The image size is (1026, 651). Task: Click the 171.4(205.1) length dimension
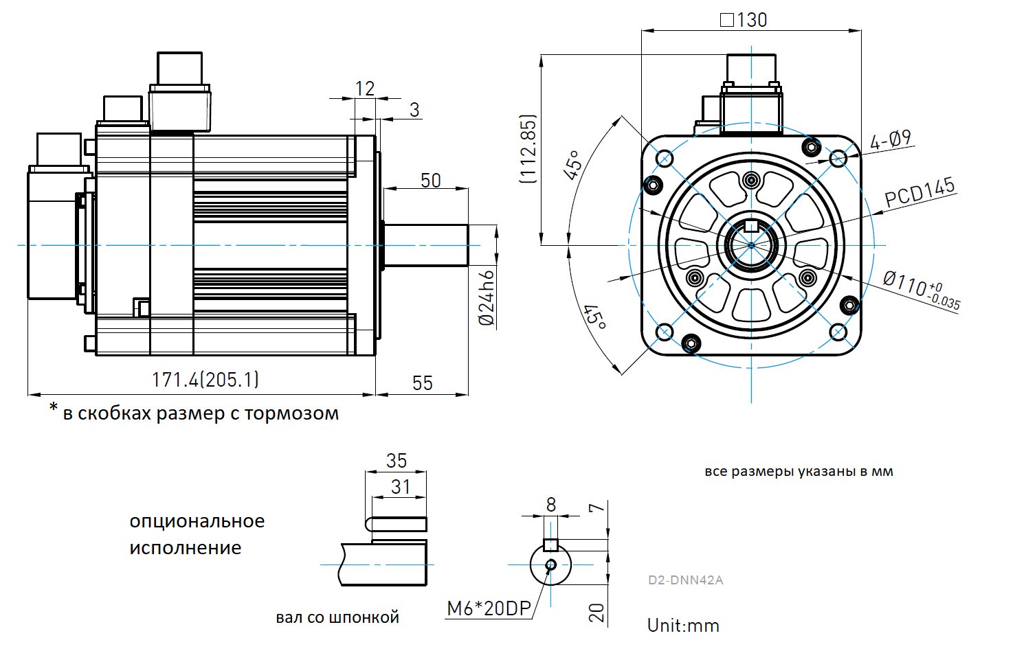point(205,380)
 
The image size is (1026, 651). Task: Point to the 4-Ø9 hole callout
point(890,140)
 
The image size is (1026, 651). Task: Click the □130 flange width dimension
point(744,20)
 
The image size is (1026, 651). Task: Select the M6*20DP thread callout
point(489,608)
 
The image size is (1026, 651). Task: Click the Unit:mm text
point(683,626)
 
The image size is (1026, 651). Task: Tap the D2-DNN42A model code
point(685,580)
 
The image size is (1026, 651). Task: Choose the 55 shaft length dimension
point(423,383)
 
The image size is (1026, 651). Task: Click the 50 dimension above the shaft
point(431,181)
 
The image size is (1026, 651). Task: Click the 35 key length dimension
point(397,461)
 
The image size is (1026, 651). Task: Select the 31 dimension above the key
point(401,487)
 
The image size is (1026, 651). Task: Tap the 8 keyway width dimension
point(550,505)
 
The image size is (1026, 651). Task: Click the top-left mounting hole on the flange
point(665,159)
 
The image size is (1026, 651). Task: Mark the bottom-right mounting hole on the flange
point(838,332)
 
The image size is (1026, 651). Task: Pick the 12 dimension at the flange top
point(365,89)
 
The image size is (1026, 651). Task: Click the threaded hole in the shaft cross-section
point(550,564)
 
